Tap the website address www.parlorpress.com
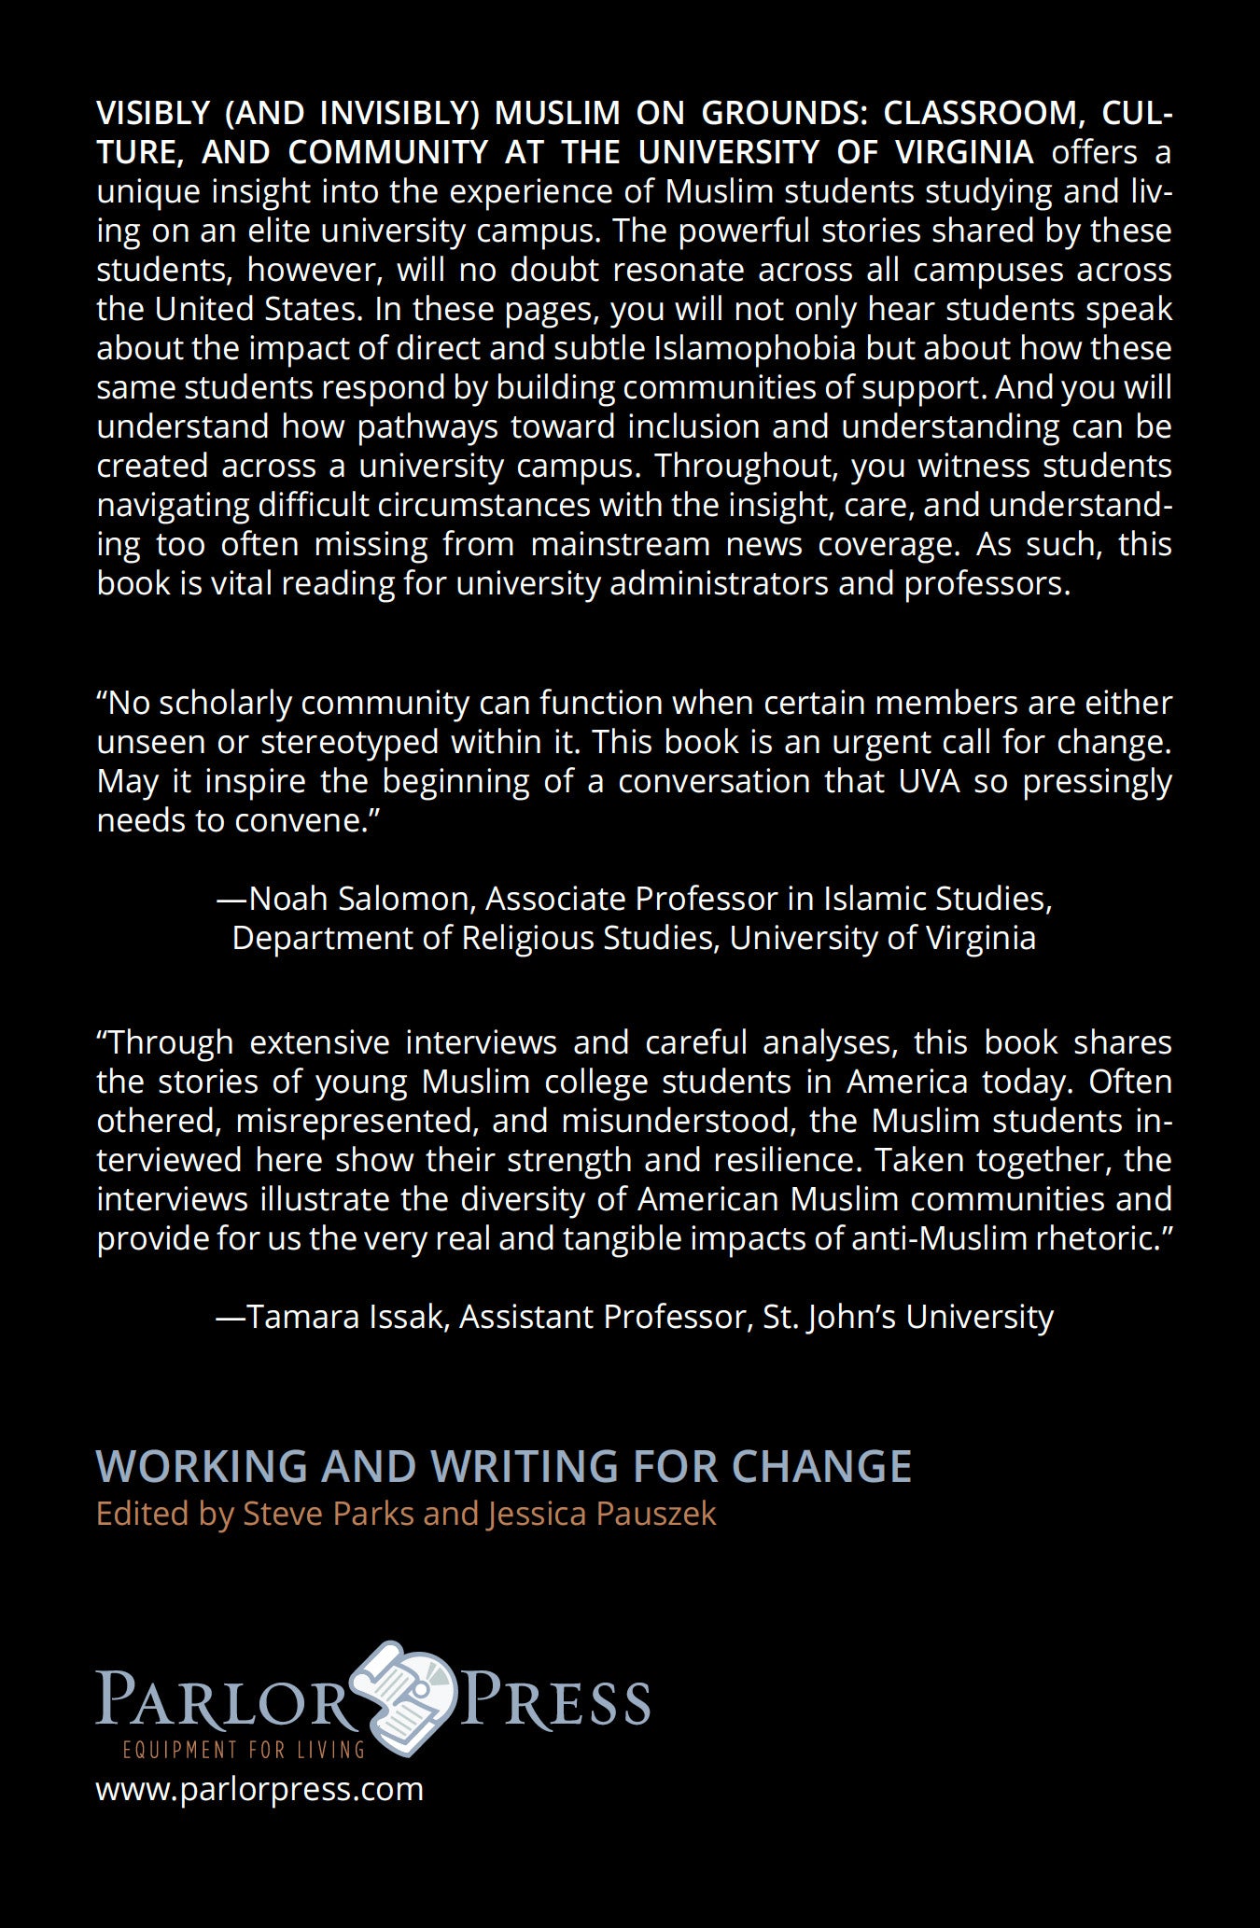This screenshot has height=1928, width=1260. click(x=259, y=1789)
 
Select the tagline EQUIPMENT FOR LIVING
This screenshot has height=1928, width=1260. click(x=244, y=1749)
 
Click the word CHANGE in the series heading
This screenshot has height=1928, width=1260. click(x=820, y=1466)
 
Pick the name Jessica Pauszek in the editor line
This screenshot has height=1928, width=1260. click(x=601, y=1513)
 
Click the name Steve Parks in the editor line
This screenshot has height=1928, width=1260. click(x=328, y=1513)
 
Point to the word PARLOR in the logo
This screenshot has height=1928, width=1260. click(x=220, y=1699)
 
